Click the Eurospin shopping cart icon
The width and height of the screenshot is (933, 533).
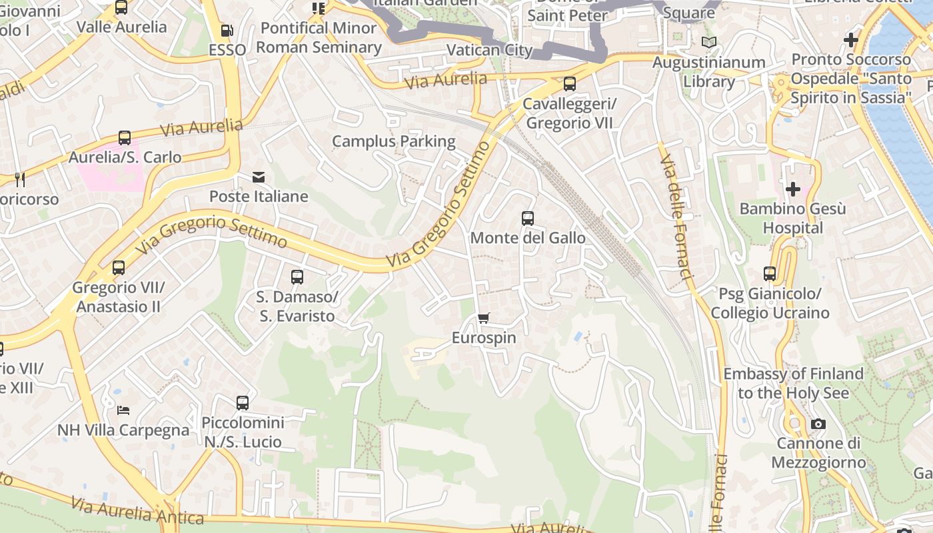pos(484,318)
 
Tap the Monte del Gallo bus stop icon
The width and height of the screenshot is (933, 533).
pos(528,218)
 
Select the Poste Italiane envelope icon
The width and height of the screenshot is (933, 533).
pos(259,177)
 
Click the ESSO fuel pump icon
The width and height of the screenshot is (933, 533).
pos(227,30)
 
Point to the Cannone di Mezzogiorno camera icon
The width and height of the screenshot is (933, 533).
pos(818,424)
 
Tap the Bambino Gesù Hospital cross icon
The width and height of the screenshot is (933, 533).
pos(792,189)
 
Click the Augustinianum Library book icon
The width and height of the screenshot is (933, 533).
pos(709,43)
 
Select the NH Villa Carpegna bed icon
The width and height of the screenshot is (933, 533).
pos(123,410)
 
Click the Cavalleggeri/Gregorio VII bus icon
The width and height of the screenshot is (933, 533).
pos(570,84)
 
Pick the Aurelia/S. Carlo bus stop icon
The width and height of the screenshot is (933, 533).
pos(125,138)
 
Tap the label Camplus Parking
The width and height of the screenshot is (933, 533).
pos(394,141)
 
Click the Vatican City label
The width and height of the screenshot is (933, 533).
pos(490,50)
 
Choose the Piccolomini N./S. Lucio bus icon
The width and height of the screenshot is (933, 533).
pos(243,402)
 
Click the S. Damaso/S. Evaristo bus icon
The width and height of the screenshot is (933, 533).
pos(297,276)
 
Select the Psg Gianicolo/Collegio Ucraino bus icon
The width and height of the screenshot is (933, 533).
pos(770,273)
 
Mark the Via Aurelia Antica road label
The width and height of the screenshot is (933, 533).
pos(137,511)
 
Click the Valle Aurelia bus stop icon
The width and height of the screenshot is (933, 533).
pos(121,7)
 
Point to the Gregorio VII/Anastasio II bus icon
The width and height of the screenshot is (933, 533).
pos(119,268)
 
